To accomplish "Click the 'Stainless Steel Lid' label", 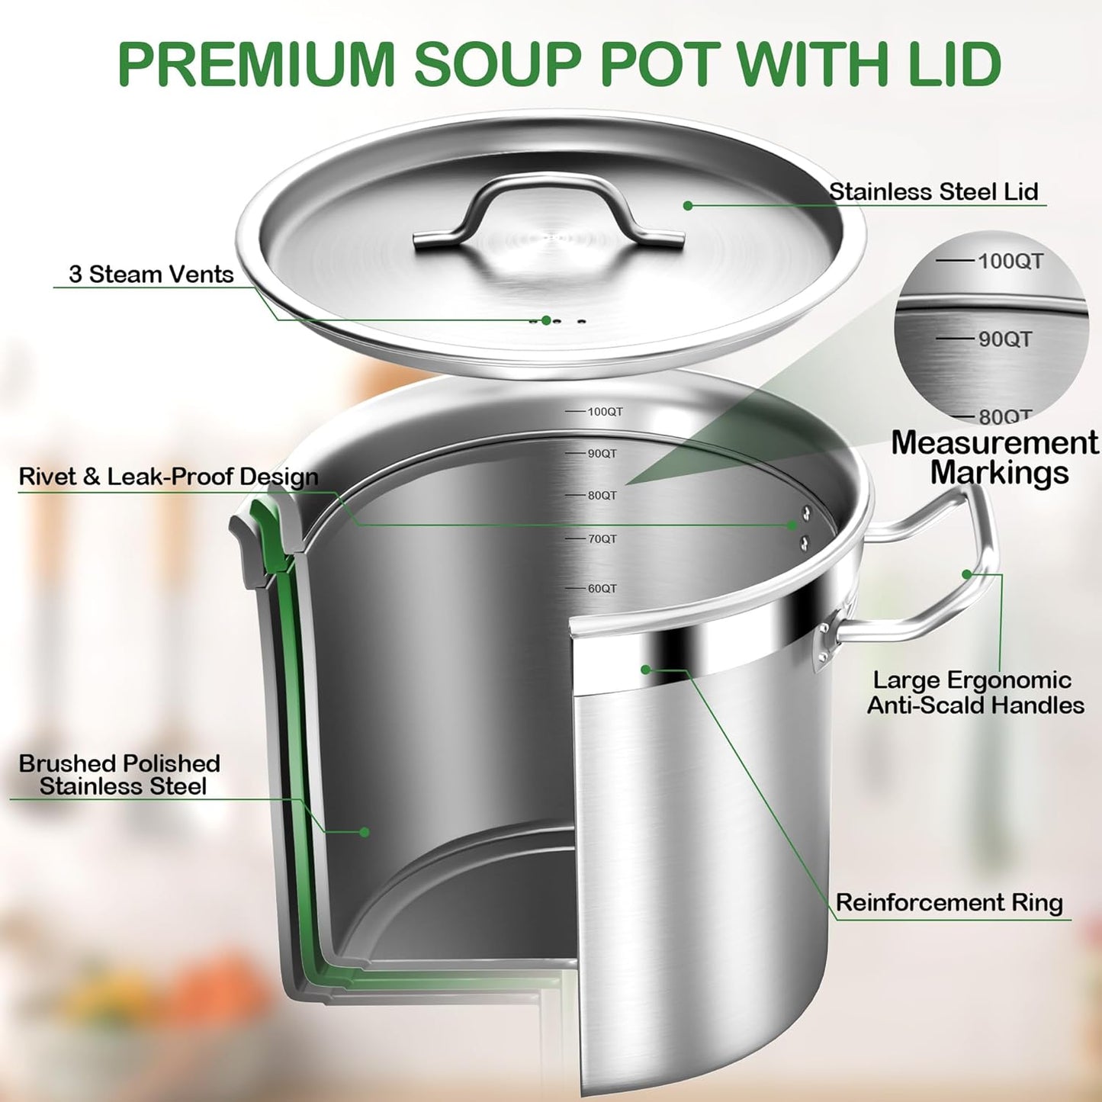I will (x=933, y=191).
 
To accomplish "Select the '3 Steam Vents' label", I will (x=151, y=275).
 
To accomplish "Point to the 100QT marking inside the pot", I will (x=605, y=412).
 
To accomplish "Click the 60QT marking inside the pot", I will (x=602, y=589).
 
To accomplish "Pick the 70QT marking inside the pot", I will (x=602, y=539).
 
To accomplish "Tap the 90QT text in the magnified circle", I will (x=1004, y=339).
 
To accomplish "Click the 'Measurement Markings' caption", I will (x=995, y=458).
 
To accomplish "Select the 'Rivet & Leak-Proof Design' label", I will (x=169, y=477).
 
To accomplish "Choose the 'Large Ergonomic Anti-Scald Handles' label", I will (x=975, y=692).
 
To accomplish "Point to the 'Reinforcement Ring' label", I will (x=949, y=903).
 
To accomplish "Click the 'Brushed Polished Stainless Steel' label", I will (x=120, y=775).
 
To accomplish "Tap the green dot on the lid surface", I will (x=688, y=206).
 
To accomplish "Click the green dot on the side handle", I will (x=967, y=574).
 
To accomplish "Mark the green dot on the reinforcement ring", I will (x=645, y=670).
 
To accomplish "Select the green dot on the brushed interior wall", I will (x=365, y=832).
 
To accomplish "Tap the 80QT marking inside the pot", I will (x=602, y=496).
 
